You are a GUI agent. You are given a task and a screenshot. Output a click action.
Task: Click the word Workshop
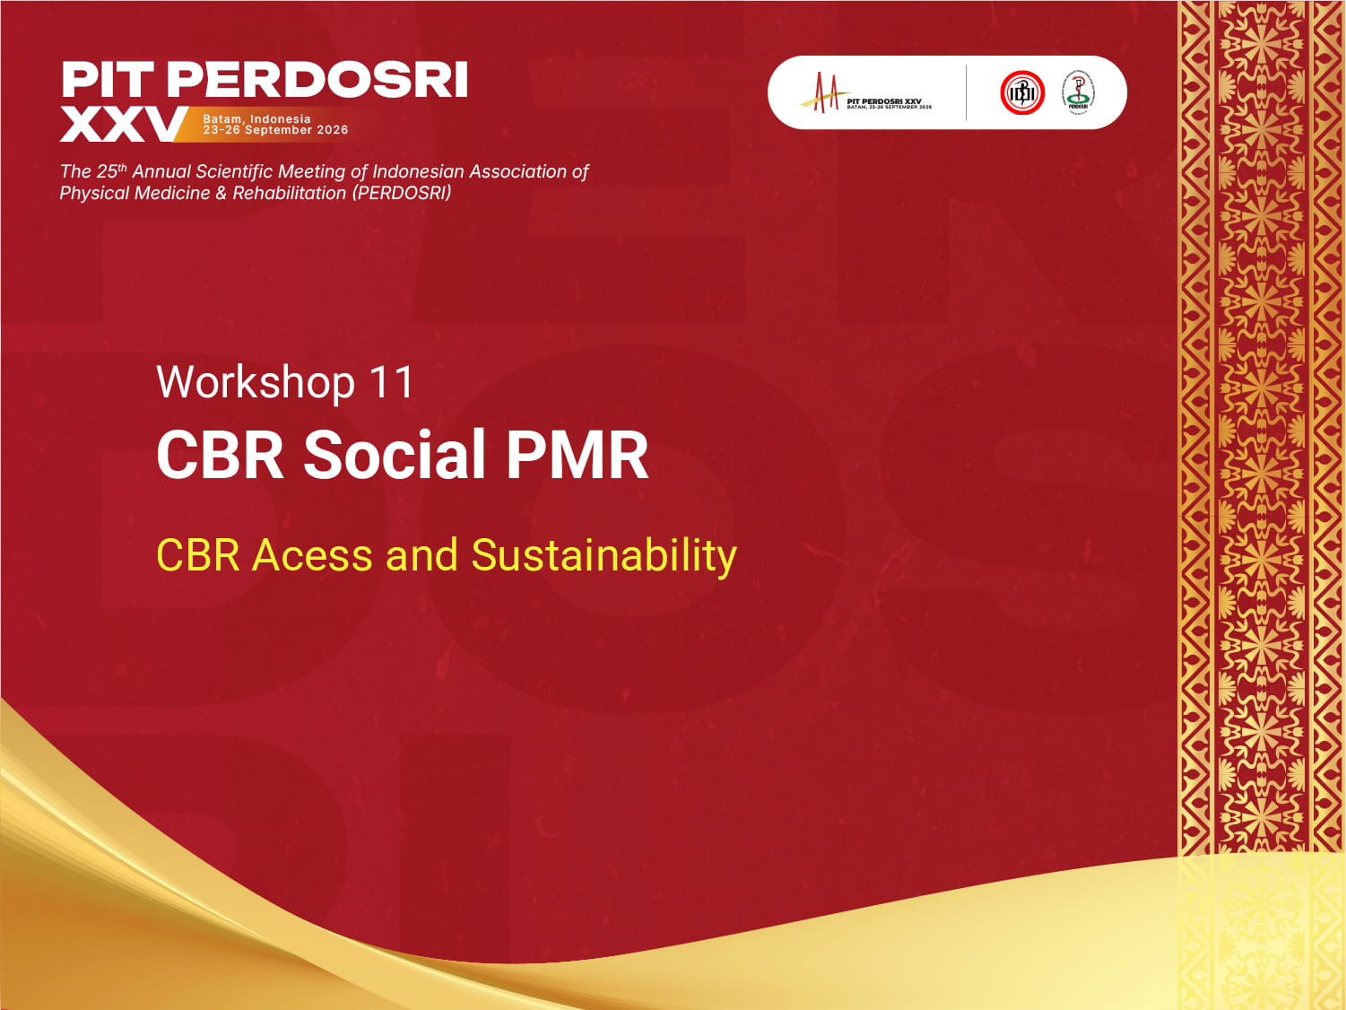256,383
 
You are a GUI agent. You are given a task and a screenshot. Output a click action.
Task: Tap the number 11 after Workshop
392,383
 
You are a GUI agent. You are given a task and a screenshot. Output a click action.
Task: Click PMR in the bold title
577,455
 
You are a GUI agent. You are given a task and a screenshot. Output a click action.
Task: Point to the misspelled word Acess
312,555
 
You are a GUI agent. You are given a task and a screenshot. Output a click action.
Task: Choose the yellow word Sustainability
604,556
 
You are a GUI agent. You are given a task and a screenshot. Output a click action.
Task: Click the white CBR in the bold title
221,455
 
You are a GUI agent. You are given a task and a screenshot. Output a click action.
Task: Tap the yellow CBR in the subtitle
198,555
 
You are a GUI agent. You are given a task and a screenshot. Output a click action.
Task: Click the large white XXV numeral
121,126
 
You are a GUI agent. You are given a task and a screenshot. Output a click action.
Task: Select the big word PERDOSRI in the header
317,81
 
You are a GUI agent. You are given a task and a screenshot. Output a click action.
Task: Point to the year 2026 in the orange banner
332,130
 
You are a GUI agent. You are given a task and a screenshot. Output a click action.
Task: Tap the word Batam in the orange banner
222,118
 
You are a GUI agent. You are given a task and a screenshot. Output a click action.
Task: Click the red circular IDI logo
1022,92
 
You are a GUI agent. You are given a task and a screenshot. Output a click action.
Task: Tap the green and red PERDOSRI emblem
1078,92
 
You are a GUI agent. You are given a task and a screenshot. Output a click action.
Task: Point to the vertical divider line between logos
966,92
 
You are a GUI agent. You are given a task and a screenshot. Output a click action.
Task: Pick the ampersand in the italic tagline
221,193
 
